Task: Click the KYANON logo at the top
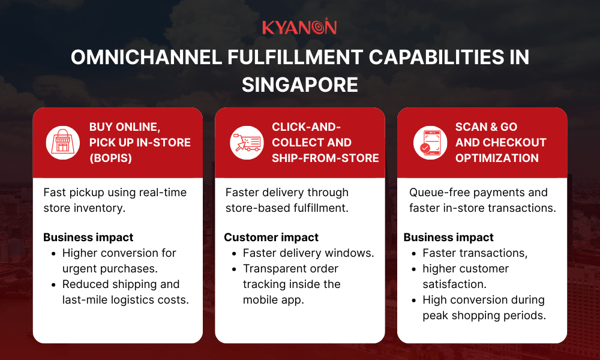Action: click(299, 27)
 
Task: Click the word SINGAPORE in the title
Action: click(299, 84)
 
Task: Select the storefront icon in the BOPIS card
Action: click(63, 143)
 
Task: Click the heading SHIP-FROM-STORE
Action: click(325, 158)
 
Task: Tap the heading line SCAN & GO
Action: click(486, 127)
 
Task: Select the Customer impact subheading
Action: click(271, 237)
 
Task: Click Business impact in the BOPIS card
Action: click(88, 237)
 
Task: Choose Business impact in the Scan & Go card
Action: click(449, 237)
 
